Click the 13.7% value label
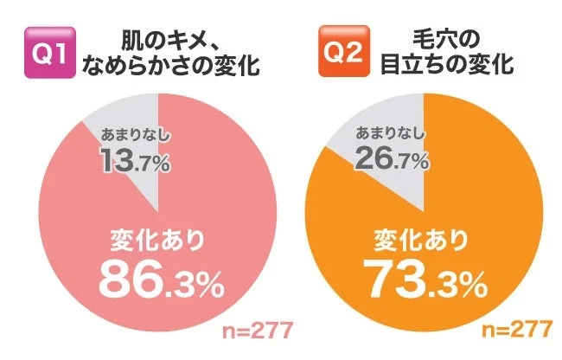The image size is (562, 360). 134,160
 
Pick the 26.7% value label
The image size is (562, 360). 396,160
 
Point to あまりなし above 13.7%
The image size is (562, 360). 135,137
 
